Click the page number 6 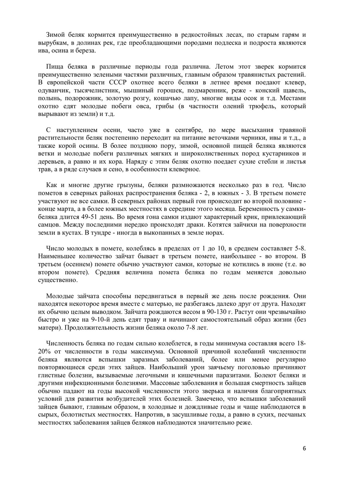click(x=304, y=448)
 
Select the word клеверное click(x=184, y=169)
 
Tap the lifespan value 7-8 click(x=186, y=328)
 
